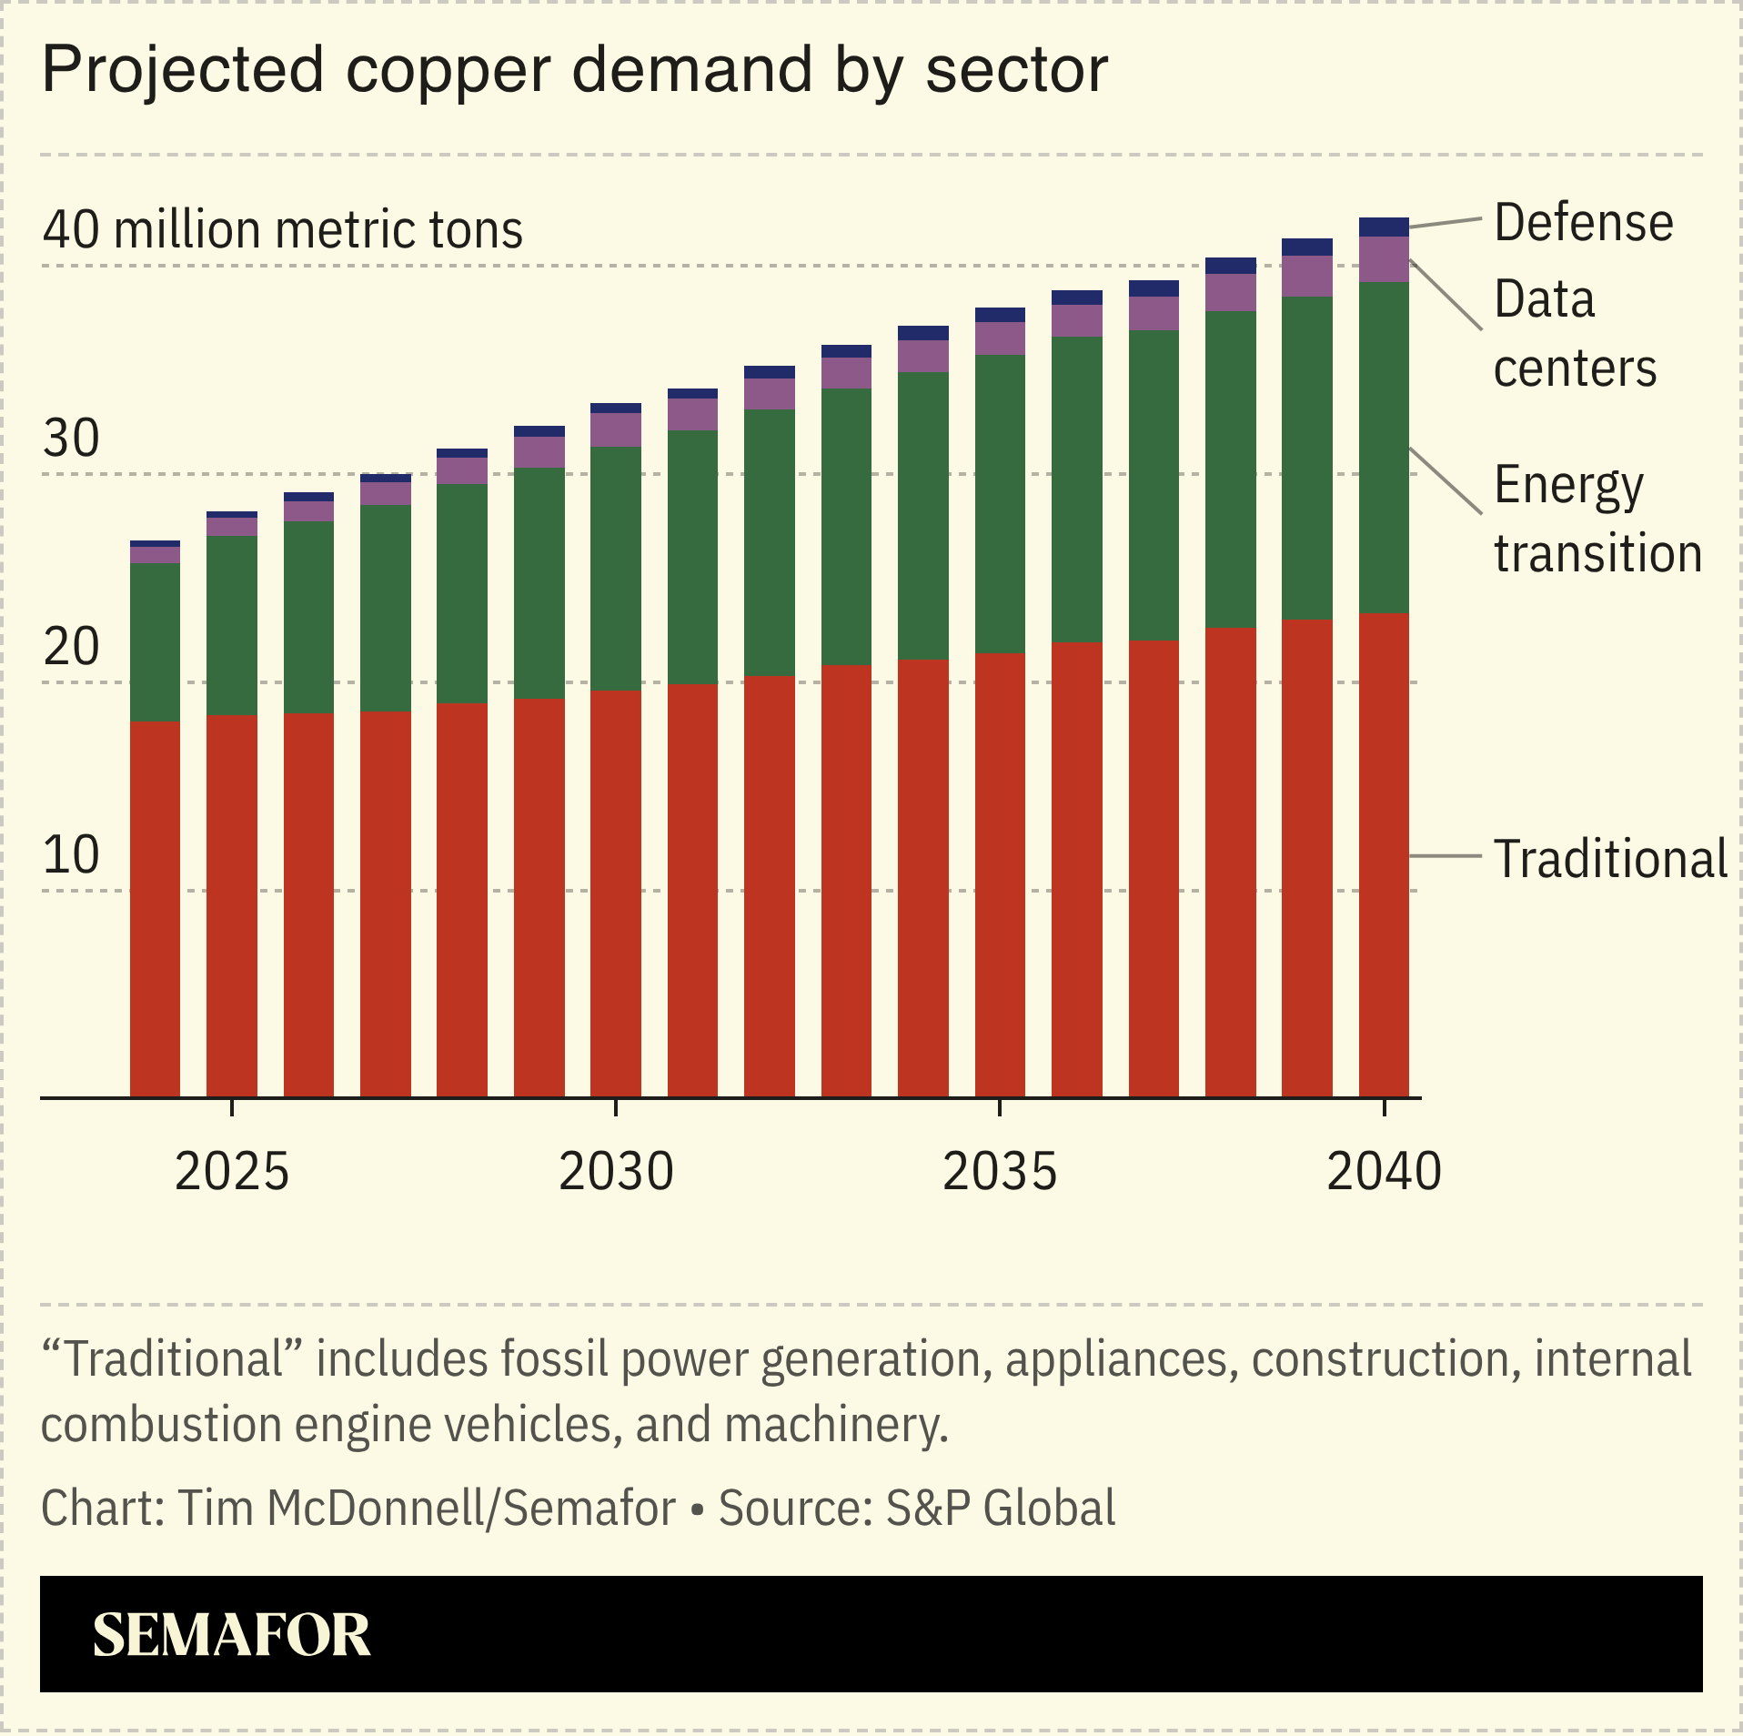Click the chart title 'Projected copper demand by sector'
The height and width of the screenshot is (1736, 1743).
pos(574,70)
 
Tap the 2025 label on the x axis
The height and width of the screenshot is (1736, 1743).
pos(231,1171)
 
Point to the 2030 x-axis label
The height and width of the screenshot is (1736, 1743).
pos(616,1171)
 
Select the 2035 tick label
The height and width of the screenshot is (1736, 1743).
pos(1000,1171)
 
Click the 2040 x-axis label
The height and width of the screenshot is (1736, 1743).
pos(1384,1171)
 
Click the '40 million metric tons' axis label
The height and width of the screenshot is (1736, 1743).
pos(282,229)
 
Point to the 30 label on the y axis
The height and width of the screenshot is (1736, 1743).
pos(71,439)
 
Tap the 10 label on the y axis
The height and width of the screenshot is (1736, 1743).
pos(71,855)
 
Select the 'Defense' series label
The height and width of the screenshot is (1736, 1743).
pos(1583,223)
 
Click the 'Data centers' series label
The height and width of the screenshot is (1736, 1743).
pos(1574,334)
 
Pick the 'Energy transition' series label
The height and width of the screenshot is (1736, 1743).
pos(1597,519)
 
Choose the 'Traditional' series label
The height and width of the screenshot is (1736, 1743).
pos(1610,859)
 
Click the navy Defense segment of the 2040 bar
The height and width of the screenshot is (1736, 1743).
pos(1384,227)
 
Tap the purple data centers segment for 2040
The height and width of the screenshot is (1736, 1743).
pos(1384,259)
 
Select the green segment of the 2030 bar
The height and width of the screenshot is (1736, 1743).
pos(616,569)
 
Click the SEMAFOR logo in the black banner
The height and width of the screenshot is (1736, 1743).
pos(231,1635)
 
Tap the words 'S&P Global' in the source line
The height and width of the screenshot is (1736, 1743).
pos(1001,1508)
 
